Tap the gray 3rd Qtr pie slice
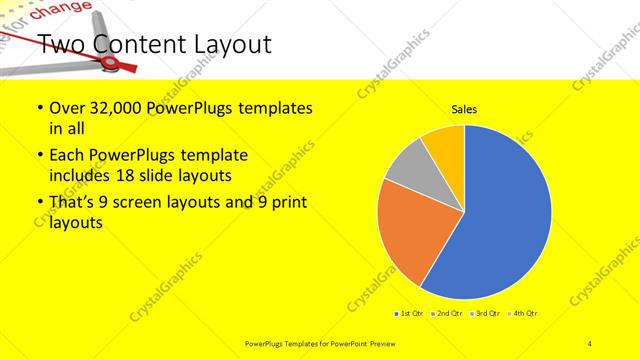(409, 170)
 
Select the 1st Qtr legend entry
(410, 314)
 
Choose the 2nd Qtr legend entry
(447, 314)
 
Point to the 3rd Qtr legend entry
(486, 314)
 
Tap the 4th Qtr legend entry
(525, 314)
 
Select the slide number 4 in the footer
(590, 343)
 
